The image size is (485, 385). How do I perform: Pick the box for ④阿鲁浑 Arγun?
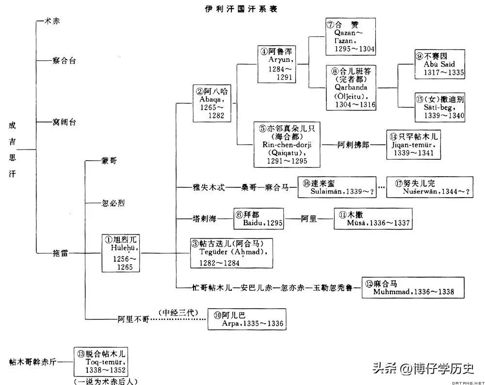pyautogui.click(x=276, y=64)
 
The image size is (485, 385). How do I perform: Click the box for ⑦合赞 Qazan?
pyautogui.click(x=350, y=36)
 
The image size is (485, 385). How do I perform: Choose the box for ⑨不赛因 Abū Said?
pyautogui.click(x=439, y=64)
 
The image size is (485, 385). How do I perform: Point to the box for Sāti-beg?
pyautogui.click(x=439, y=107)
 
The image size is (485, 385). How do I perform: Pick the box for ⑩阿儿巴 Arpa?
pyautogui.click(x=246, y=319)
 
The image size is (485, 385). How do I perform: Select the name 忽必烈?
pyautogui.click(x=101, y=202)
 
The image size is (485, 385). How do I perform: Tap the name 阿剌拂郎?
pyautogui.click(x=353, y=145)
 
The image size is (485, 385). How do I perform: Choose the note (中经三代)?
pyautogui.click(x=178, y=312)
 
